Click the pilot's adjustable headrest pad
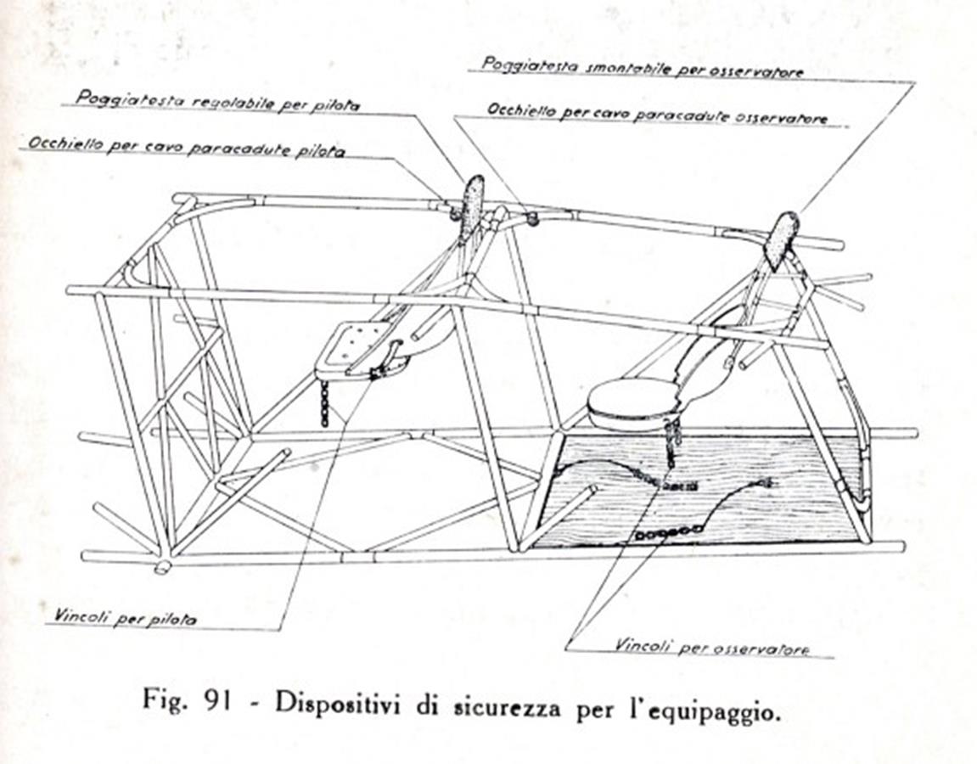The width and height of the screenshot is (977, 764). (474, 205)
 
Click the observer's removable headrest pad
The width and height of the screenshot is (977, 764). (783, 240)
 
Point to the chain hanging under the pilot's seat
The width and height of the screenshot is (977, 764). (324, 404)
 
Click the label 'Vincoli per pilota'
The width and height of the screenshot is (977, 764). (125, 617)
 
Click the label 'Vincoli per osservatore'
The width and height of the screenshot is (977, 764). (712, 646)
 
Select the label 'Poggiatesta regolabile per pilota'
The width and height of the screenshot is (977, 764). (217, 100)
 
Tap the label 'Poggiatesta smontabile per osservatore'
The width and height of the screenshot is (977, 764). (643, 67)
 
